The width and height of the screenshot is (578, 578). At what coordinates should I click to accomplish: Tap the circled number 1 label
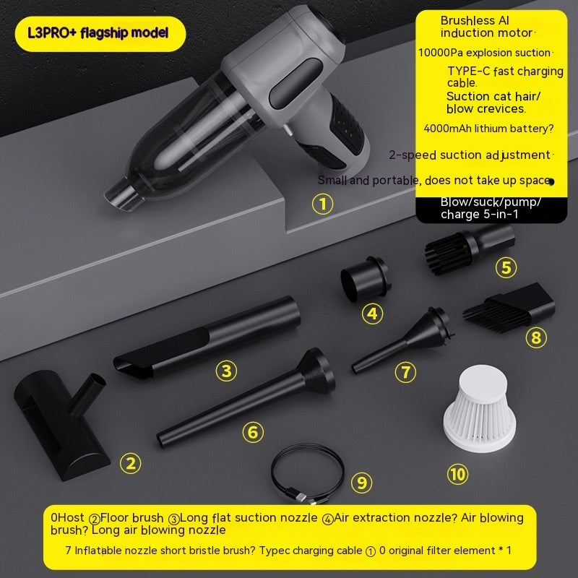coord(322,204)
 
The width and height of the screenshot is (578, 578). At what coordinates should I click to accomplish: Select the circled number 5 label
coord(506,267)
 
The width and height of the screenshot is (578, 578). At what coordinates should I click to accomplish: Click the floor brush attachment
coord(61,419)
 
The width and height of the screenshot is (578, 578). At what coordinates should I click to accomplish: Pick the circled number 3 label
coord(226,371)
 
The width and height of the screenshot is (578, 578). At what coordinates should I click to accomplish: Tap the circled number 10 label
coord(458,474)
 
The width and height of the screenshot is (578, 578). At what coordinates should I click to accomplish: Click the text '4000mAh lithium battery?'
coord(488,129)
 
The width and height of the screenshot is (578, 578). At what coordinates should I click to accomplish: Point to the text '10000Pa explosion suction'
coord(484,53)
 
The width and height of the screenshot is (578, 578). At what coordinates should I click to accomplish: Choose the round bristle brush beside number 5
coord(468,244)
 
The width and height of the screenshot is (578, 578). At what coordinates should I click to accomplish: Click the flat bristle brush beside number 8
coord(509,303)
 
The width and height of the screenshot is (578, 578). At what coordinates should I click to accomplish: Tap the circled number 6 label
coord(251,432)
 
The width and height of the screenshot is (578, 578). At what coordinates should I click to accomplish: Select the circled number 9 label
coord(362,482)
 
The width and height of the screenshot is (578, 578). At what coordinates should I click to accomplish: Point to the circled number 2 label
coord(130,463)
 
